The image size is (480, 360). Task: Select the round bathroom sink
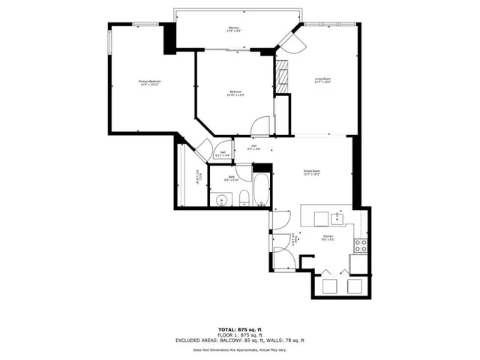(221, 199)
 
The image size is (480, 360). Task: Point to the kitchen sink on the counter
(337, 217)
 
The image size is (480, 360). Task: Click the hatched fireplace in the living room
(282, 76)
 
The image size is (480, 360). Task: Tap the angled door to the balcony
(290, 39)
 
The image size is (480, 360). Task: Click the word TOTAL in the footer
(227, 329)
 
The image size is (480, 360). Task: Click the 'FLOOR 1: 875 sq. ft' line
(239, 334)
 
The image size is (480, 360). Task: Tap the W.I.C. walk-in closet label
(197, 180)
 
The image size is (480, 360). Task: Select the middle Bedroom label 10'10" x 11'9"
(237, 93)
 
